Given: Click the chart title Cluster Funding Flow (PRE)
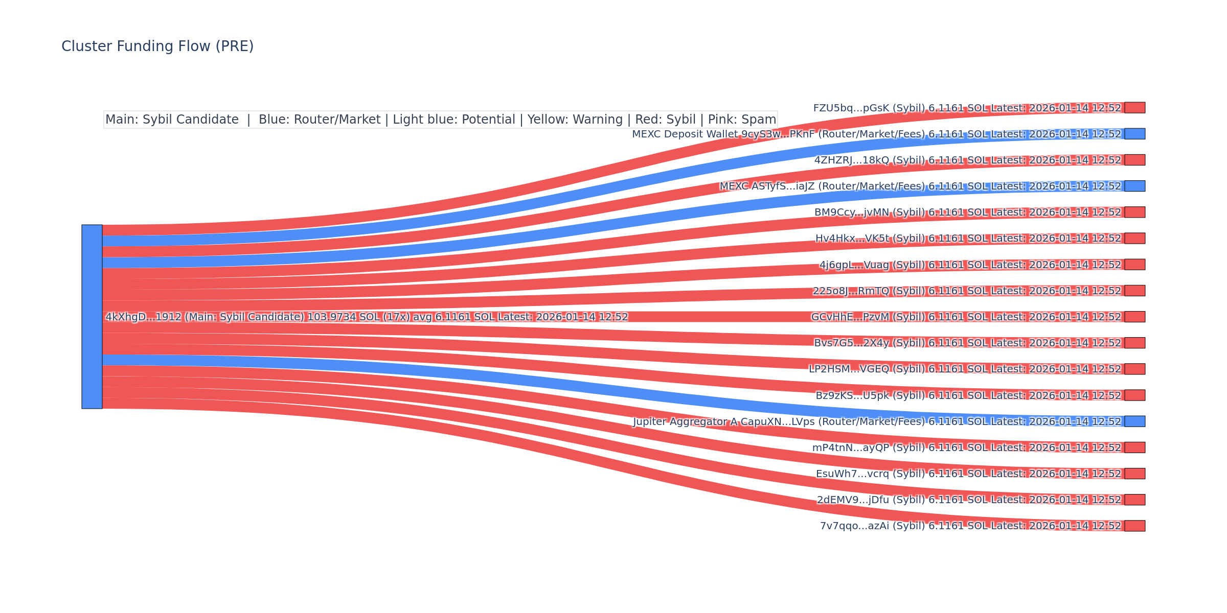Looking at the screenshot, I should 157,46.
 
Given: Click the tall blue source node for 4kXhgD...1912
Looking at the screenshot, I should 92,317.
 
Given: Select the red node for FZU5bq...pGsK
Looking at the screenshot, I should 1134,108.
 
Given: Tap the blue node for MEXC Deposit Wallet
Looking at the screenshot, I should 1134,134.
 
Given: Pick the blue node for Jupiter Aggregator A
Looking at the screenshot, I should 1134,421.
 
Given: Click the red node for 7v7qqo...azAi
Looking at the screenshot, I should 1134,526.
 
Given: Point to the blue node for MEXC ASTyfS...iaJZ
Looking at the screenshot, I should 1134,186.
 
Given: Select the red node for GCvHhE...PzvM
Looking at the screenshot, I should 1134,317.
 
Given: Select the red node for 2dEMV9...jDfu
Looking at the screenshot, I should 1134,500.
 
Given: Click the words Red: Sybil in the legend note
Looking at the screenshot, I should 665,120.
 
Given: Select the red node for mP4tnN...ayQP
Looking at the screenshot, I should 1134,447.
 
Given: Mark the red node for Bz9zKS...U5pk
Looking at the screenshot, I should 1134,395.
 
